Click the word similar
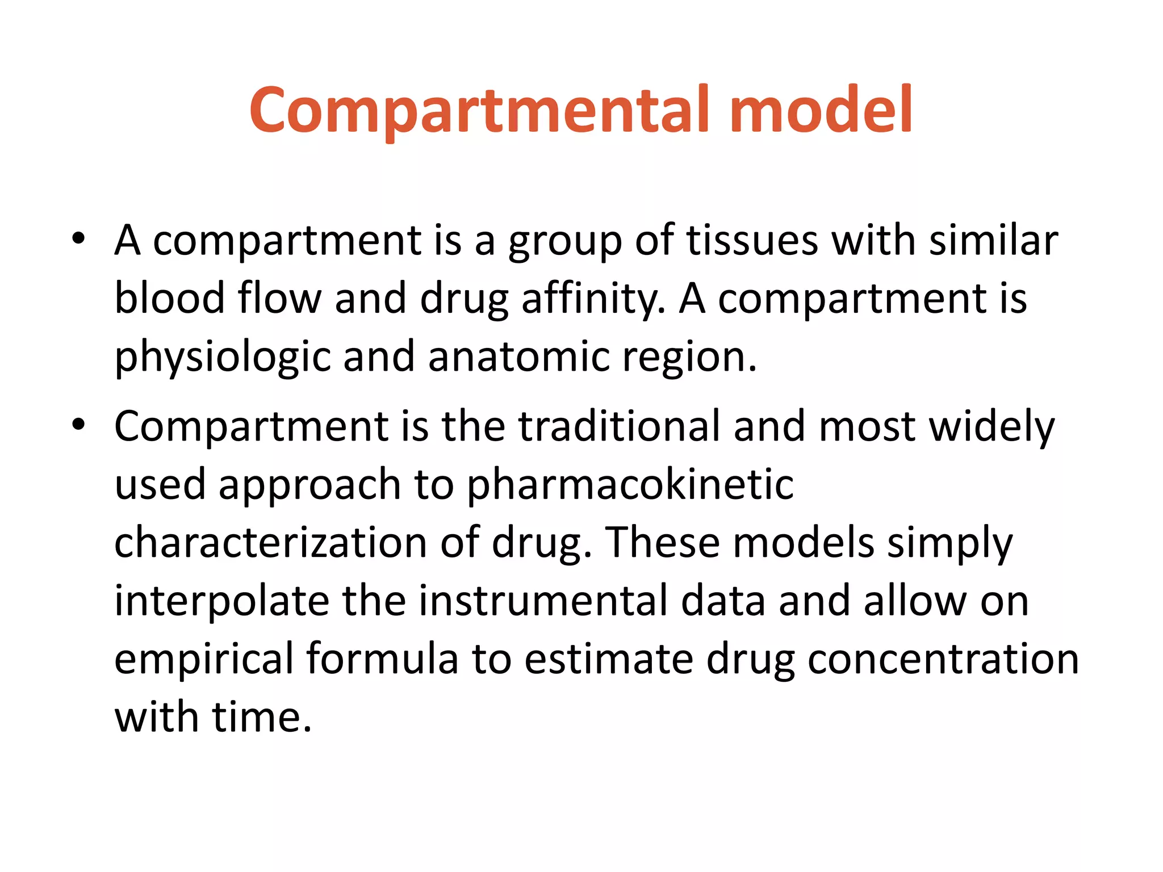click(x=993, y=240)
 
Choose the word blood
click(x=170, y=297)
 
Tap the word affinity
click(x=593, y=299)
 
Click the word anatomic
click(x=518, y=357)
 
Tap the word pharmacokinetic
click(x=630, y=485)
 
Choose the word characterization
click(x=270, y=542)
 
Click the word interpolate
click(x=221, y=601)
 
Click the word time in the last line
click(x=262, y=717)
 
